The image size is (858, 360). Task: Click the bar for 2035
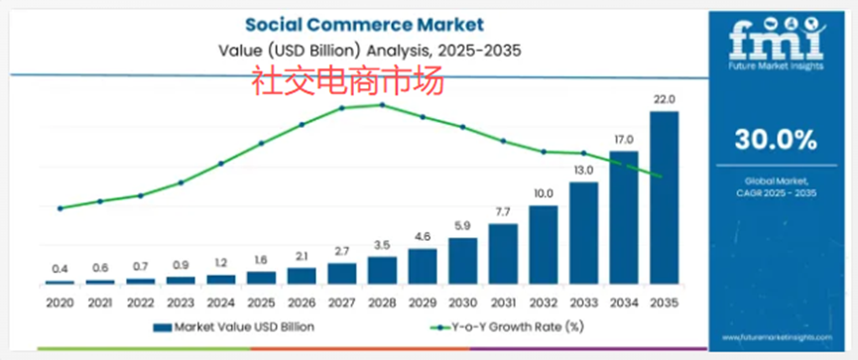pos(665,197)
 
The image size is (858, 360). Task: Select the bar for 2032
pos(544,244)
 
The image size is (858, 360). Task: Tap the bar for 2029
pos(423,266)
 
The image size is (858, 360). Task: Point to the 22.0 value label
pos(665,100)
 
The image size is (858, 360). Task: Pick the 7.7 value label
pos(503,212)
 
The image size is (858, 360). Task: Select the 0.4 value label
pos(60,269)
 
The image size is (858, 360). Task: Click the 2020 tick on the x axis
pos(60,300)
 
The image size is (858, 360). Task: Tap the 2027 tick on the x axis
pos(342,300)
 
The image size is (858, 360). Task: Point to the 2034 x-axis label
pos(624,300)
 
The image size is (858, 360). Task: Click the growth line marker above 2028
pos(382,104)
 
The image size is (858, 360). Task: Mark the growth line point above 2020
pos(60,208)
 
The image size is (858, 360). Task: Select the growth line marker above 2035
pos(662,177)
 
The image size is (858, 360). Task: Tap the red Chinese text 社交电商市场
pos(347,80)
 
